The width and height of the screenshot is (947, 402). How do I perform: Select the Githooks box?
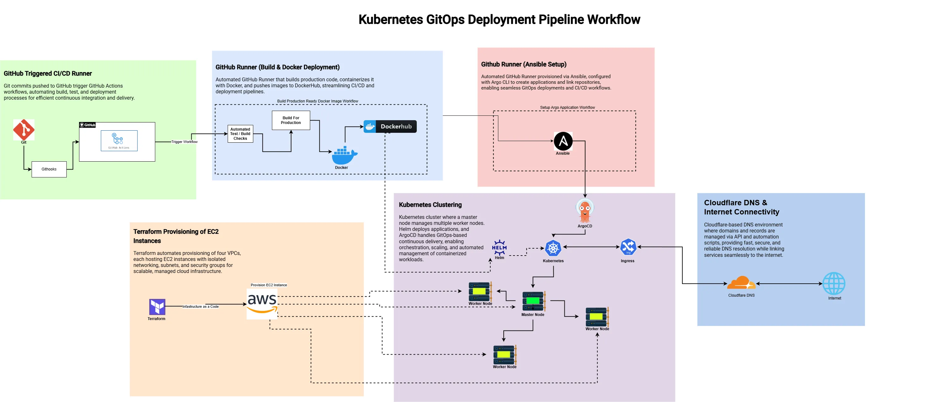pos(49,169)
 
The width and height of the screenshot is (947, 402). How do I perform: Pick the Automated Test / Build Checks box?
pos(240,134)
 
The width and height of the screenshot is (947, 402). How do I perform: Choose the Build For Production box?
pos(291,120)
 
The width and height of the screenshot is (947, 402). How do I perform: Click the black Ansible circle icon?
pos(563,141)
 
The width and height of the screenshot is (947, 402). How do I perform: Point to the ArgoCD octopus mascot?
pos(585,210)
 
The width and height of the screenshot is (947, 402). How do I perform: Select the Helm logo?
pos(499,248)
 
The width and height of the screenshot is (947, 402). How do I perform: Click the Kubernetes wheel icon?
pos(553,248)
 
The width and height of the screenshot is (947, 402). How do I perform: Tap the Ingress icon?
pos(628,247)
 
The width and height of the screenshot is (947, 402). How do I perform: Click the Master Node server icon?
pos(533,301)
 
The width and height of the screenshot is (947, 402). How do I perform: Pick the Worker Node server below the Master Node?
pos(504,355)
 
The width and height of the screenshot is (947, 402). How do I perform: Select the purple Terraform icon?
pos(157,306)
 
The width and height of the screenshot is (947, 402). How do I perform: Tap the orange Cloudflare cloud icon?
pos(741,283)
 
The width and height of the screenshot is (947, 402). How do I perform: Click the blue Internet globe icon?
pos(834,283)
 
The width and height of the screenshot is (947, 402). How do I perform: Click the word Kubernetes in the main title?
pos(390,20)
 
